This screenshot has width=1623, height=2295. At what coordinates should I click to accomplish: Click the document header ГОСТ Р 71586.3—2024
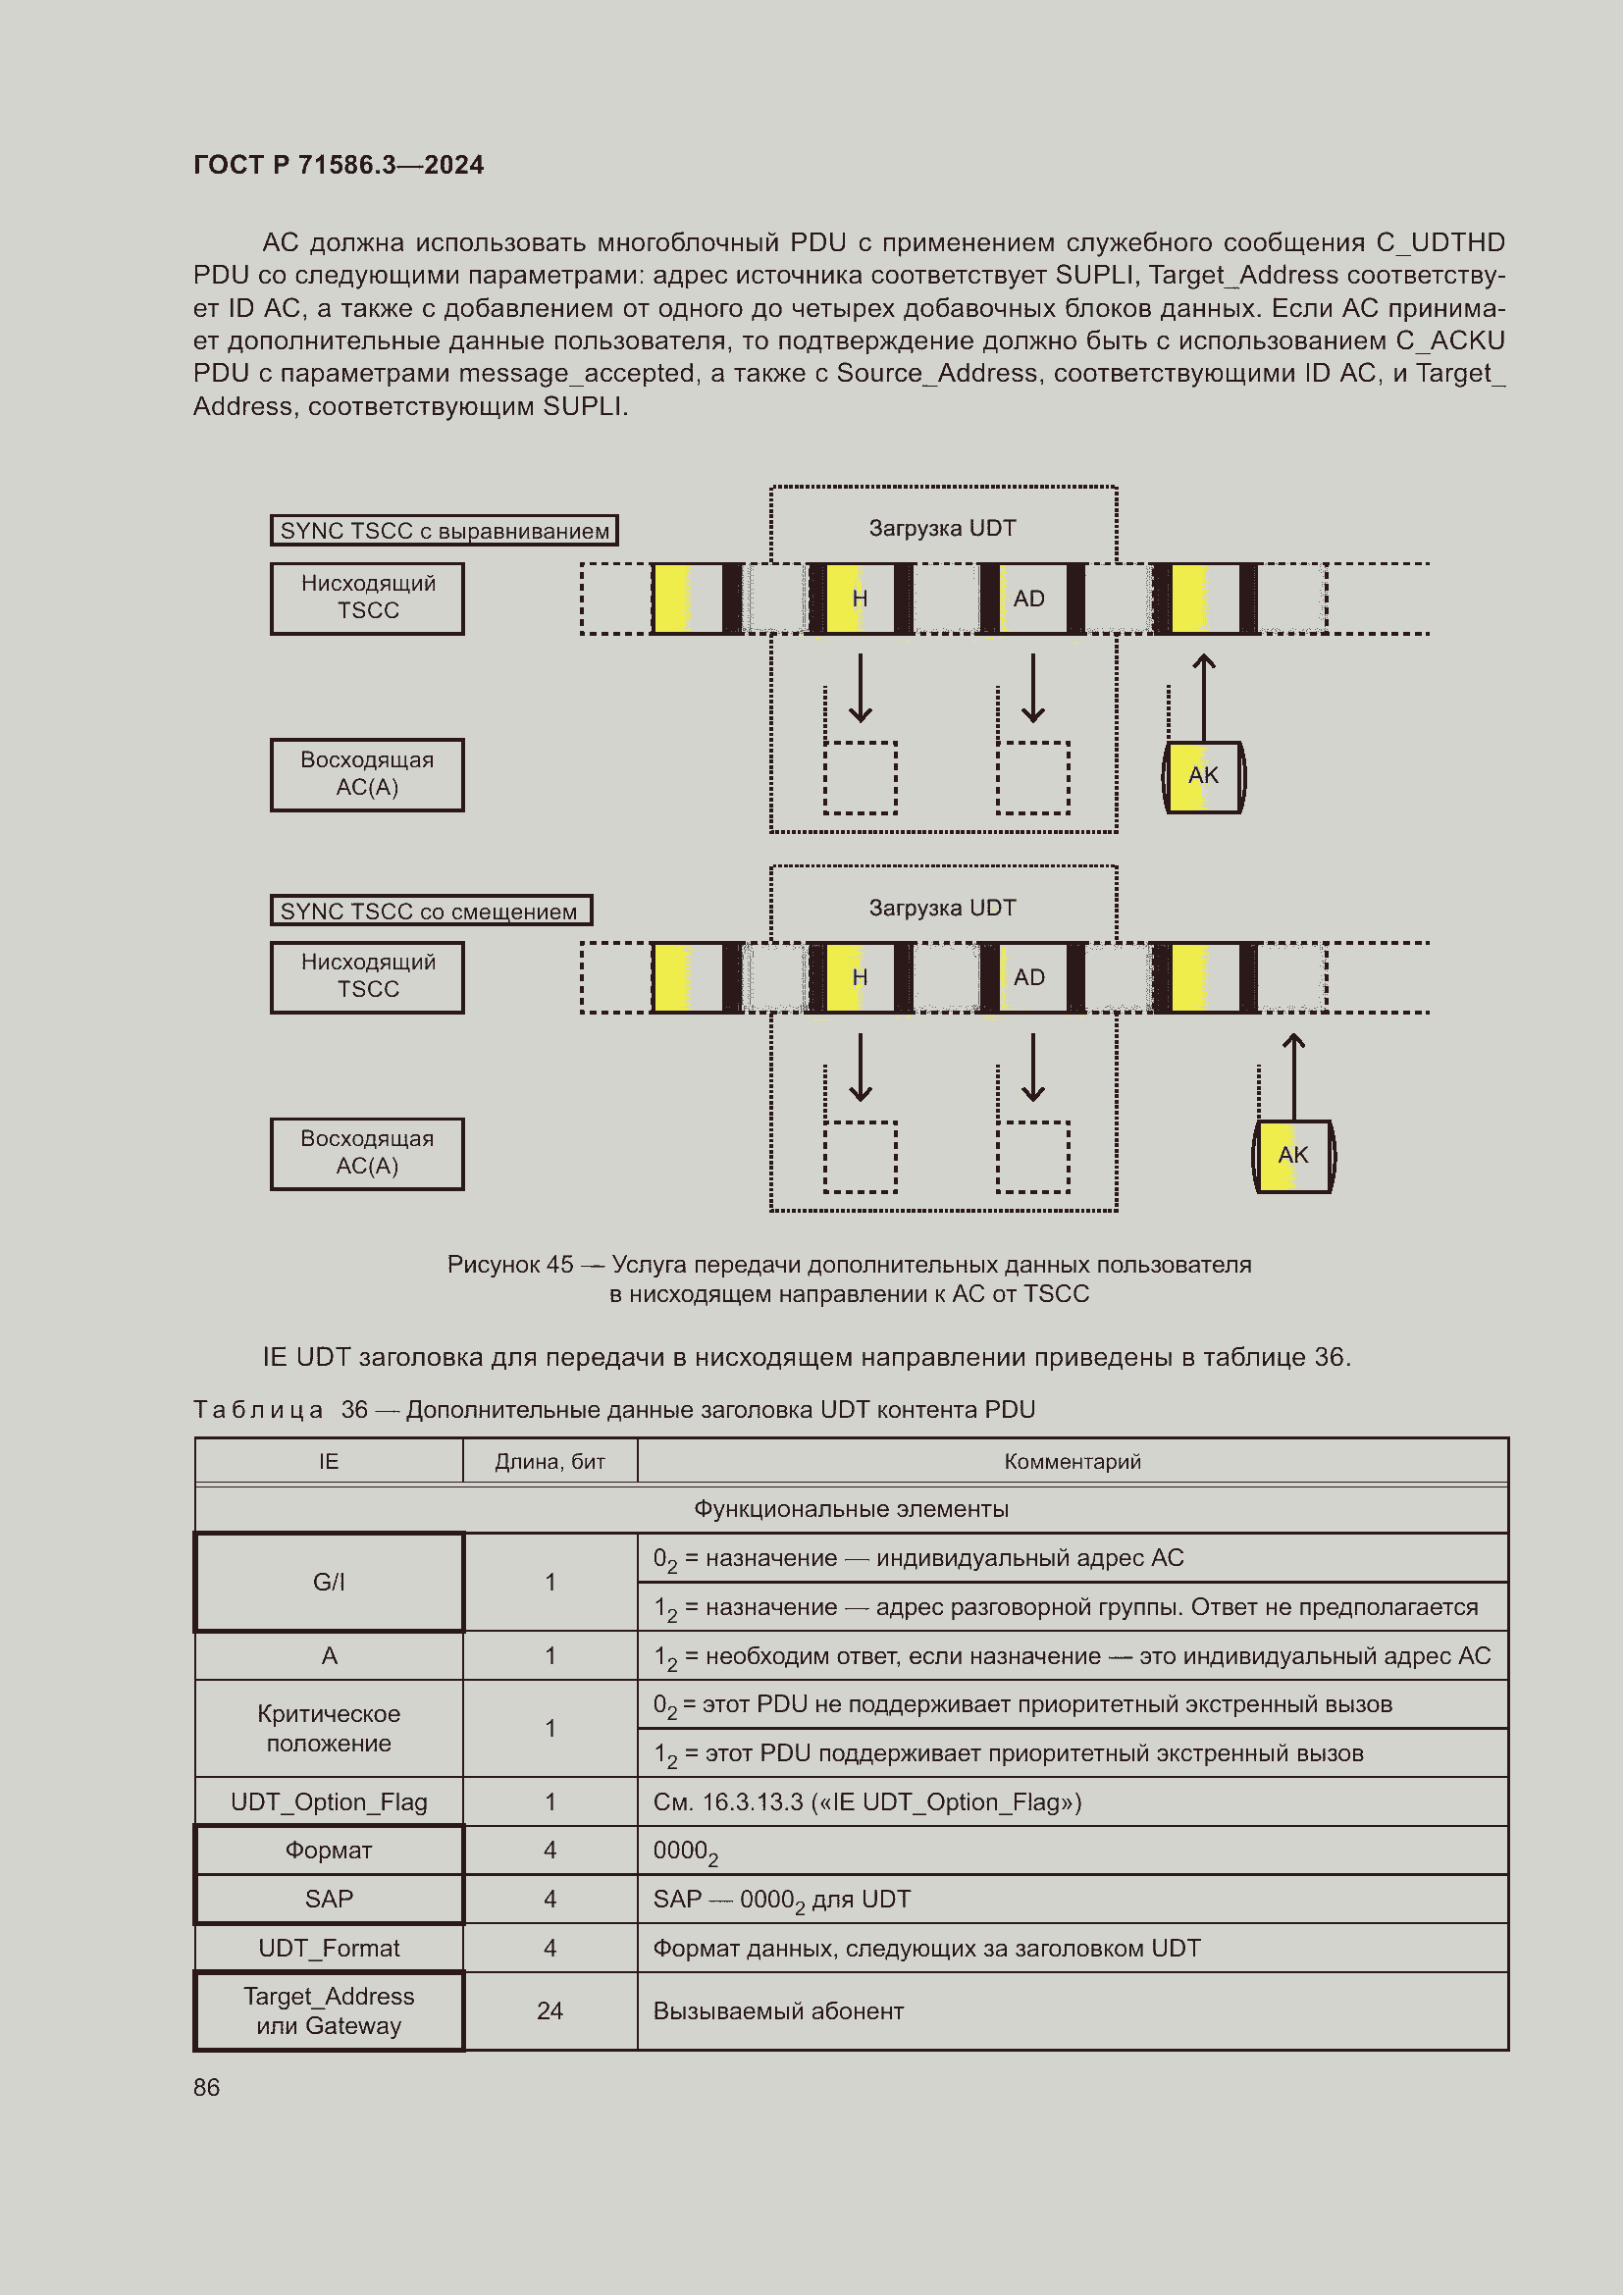point(338,165)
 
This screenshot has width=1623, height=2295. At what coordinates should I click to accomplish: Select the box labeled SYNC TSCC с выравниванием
point(444,531)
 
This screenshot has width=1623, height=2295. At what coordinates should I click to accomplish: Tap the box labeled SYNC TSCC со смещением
point(431,911)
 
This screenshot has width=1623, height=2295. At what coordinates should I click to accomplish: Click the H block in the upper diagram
point(860,599)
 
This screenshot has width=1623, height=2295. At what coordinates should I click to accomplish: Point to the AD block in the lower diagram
point(1029,977)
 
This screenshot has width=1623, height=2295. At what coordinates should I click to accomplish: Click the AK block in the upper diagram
point(1203,777)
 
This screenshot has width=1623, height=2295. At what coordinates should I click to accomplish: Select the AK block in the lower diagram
point(1293,1156)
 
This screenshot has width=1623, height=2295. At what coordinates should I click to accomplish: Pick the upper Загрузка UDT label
point(942,528)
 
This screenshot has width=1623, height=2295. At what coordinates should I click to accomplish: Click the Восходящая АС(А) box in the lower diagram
point(367,1154)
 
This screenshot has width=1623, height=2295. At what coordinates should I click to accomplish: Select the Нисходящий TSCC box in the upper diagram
point(367,598)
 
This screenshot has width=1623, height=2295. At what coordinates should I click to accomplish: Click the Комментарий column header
point(1072,1461)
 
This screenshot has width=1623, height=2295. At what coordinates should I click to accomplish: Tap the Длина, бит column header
point(550,1461)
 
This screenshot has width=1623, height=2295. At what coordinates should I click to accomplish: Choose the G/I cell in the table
point(329,1583)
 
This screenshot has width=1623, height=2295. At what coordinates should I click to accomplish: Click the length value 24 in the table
point(550,2011)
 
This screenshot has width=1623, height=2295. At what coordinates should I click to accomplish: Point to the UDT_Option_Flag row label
point(329,1802)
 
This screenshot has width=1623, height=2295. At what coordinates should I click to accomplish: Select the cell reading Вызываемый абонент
point(777,2011)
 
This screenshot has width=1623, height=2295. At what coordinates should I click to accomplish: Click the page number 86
point(207,2087)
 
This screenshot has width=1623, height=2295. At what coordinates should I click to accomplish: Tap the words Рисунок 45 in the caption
point(509,1265)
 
